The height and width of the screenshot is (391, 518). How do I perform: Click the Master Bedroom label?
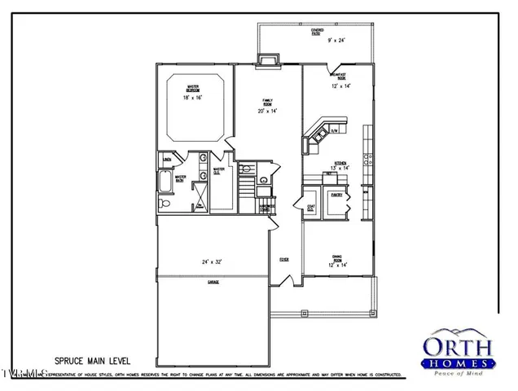click(x=194, y=87)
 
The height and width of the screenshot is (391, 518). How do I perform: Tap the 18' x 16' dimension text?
click(x=194, y=97)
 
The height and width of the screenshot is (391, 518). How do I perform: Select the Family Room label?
click(x=266, y=103)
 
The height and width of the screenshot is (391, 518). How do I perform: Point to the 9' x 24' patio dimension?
click(x=336, y=39)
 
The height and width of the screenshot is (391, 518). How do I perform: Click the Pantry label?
click(x=336, y=196)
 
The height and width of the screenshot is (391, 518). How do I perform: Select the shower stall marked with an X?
click(x=198, y=195)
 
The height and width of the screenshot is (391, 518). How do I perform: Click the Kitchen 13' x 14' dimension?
click(x=340, y=169)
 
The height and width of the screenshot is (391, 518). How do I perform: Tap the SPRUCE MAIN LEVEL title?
click(x=91, y=359)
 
